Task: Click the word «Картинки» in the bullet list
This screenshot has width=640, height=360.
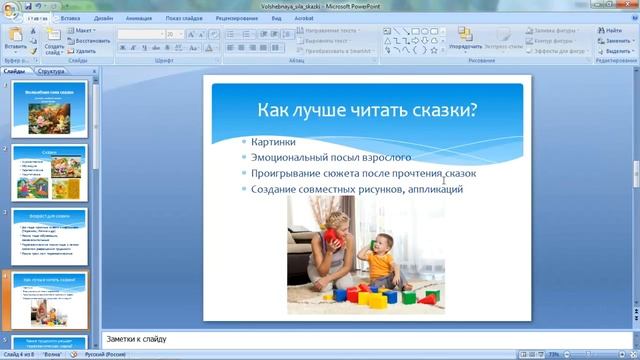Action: tap(273, 142)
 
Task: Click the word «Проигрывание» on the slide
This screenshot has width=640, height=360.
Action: tap(285, 173)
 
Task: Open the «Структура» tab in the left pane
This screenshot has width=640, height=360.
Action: tap(51, 72)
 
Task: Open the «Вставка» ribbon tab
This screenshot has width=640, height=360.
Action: tap(70, 18)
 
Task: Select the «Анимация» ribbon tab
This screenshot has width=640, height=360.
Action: tap(139, 18)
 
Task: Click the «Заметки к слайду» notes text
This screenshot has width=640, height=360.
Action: tap(130, 339)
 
